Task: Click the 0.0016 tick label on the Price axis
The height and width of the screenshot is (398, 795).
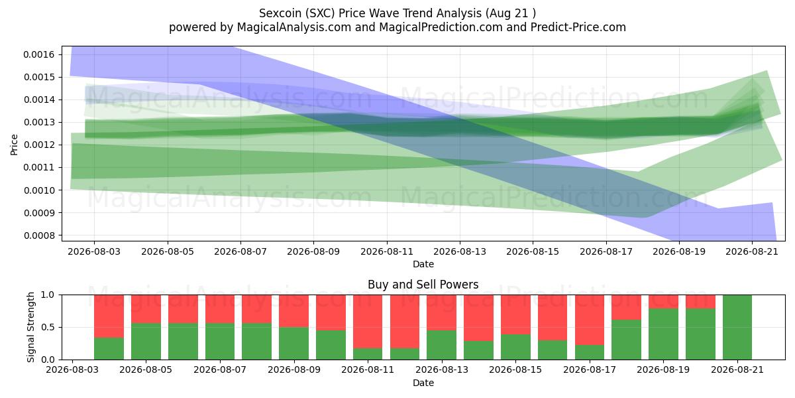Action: (x=38, y=54)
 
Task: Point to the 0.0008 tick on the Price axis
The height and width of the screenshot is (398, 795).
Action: (x=38, y=235)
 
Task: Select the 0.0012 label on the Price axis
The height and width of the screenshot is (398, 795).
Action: (x=38, y=145)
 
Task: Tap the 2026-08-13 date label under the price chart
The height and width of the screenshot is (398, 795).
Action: (x=460, y=251)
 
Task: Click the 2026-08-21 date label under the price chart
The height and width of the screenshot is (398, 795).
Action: (x=752, y=251)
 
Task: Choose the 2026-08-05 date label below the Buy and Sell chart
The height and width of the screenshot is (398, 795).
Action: (x=146, y=369)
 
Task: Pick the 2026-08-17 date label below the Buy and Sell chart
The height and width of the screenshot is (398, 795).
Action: (x=590, y=369)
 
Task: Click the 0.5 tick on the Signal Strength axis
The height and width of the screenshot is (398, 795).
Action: (x=48, y=327)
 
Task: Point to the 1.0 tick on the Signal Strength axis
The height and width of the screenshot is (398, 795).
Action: (x=48, y=295)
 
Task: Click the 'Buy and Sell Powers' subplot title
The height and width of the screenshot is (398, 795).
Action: (x=423, y=285)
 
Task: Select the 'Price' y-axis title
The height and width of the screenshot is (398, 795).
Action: (x=14, y=145)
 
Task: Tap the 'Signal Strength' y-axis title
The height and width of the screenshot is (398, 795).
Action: (x=30, y=327)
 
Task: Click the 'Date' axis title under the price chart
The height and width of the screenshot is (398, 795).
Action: (x=423, y=264)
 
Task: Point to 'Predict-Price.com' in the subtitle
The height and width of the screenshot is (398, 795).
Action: (x=578, y=27)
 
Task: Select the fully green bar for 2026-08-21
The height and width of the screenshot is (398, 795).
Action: (x=737, y=327)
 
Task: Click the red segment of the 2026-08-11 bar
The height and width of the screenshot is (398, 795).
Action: (x=368, y=322)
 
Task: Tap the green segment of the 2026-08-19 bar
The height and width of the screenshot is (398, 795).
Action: (x=663, y=334)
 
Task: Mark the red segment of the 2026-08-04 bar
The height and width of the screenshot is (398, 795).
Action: (x=109, y=316)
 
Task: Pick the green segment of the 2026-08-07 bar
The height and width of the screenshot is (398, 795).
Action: (x=220, y=342)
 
